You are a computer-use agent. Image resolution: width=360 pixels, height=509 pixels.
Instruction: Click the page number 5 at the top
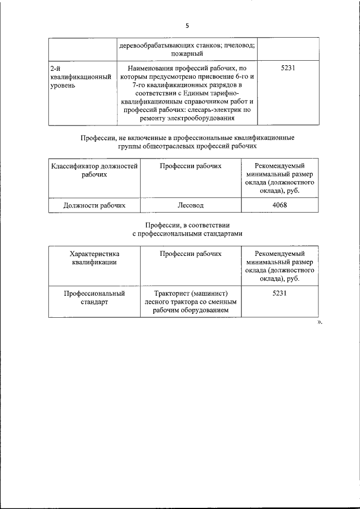click(188, 25)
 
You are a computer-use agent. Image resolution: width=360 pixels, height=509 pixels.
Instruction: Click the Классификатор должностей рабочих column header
click(94, 170)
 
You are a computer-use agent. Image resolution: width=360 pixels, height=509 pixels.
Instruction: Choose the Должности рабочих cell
click(94, 205)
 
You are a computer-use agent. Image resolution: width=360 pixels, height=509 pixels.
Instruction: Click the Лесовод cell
click(190, 205)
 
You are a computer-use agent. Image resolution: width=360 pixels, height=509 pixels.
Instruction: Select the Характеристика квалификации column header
click(94, 258)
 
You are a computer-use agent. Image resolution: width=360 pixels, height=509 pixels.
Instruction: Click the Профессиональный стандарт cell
click(94, 298)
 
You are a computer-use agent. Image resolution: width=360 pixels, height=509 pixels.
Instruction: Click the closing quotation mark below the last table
click(319, 323)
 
